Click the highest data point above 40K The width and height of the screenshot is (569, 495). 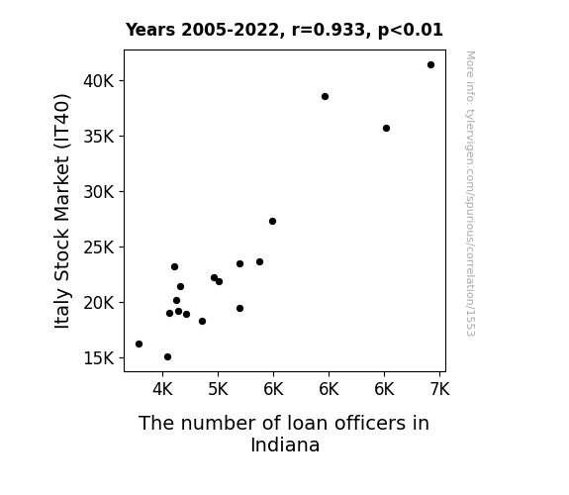(430, 65)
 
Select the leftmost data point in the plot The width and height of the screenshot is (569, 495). (139, 344)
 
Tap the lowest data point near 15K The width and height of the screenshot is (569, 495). (167, 357)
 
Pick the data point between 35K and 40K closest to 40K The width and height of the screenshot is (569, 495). (326, 97)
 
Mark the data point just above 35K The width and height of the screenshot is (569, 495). (387, 128)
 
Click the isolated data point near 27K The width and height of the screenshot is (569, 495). (272, 221)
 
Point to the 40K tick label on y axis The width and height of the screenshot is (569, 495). (99, 81)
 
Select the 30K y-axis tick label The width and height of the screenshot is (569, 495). (99, 192)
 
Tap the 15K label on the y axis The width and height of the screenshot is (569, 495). (99, 358)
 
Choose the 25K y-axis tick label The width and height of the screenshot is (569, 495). (99, 247)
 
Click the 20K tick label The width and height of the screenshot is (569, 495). (99, 303)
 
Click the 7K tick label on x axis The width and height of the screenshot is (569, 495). (439, 389)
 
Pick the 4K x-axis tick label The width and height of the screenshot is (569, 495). (162, 389)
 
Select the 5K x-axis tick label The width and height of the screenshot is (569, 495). (218, 389)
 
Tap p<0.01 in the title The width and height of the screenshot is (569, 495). (411, 31)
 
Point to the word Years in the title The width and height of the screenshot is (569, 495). (150, 30)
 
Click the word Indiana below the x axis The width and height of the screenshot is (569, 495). (285, 445)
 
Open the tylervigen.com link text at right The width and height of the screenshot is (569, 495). (470, 194)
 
